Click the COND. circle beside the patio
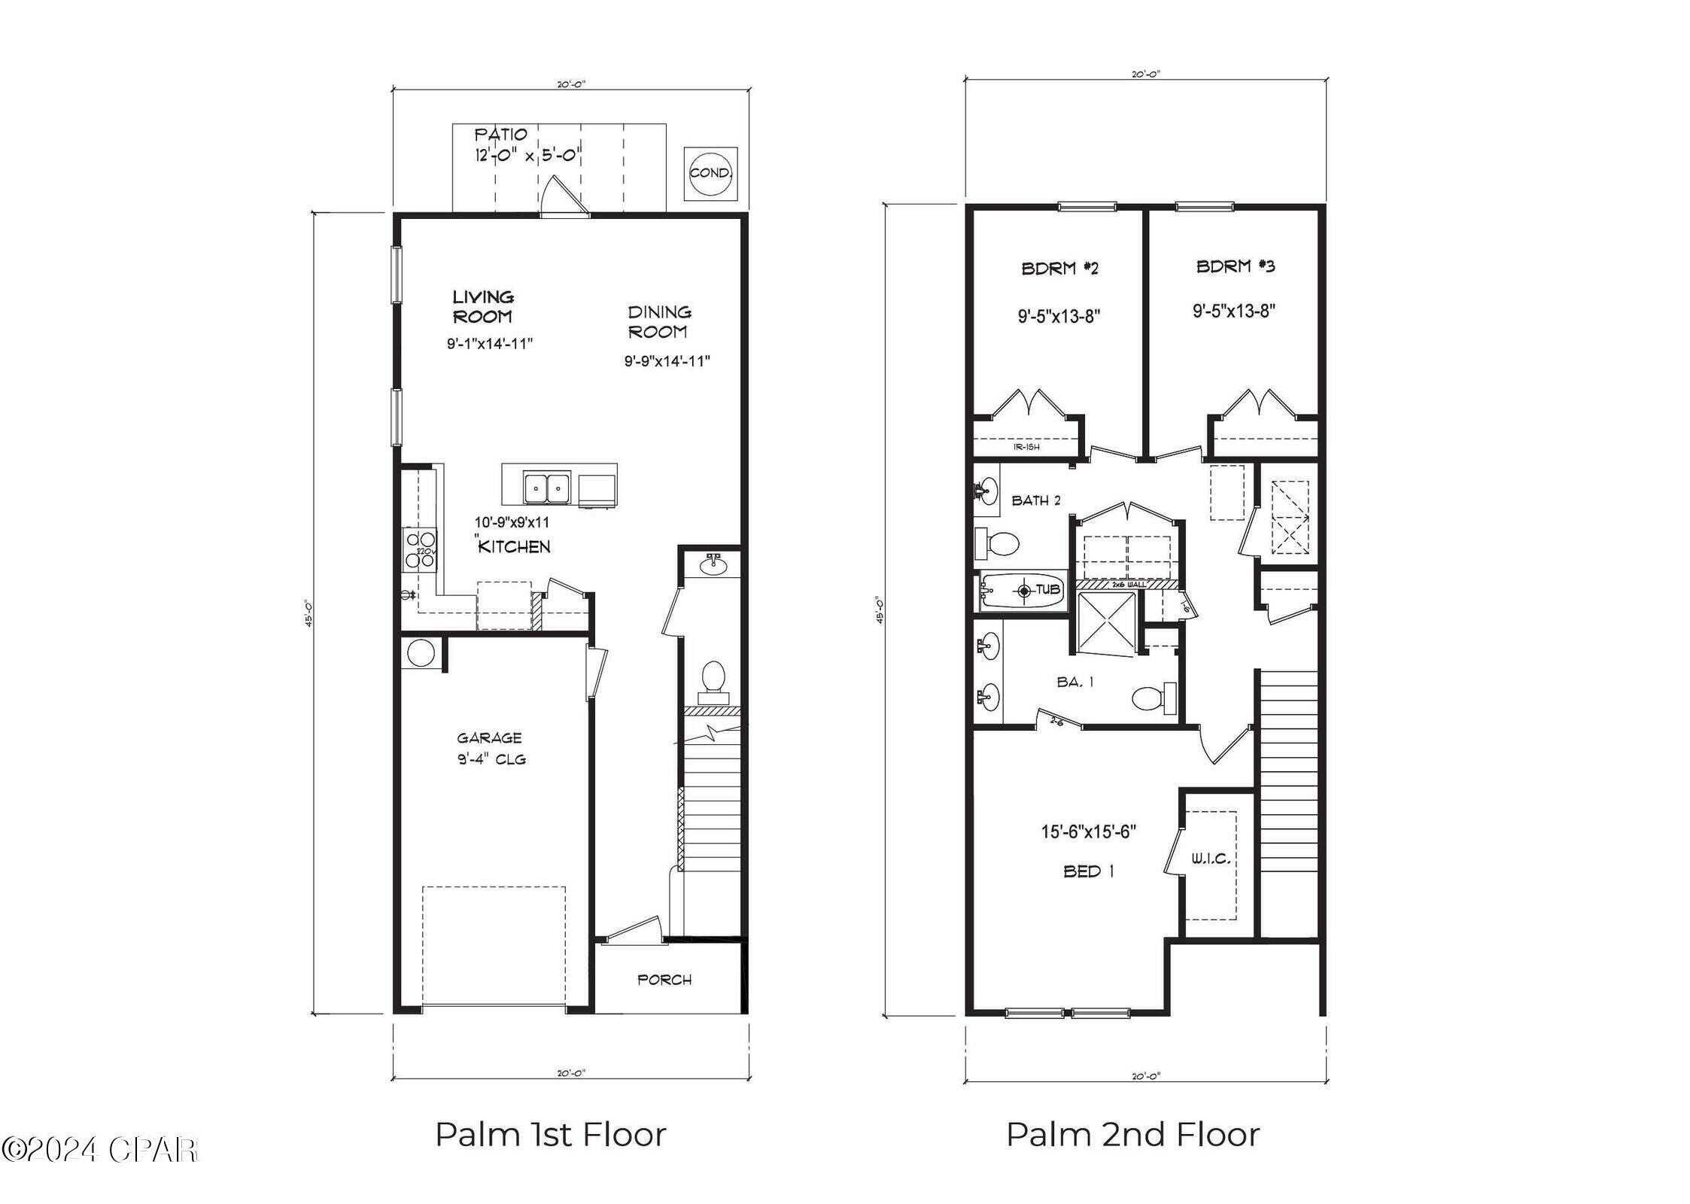point(710,173)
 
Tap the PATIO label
point(500,135)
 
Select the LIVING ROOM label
point(482,306)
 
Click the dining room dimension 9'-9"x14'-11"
point(667,361)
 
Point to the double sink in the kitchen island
point(546,488)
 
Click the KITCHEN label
point(515,547)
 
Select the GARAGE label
point(489,738)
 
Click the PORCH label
point(664,980)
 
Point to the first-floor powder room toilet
point(712,676)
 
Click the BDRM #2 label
point(1059,268)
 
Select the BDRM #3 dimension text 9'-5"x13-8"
point(1234,311)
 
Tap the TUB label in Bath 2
point(1048,589)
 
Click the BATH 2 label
point(1036,500)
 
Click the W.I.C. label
point(1210,859)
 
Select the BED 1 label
point(1088,871)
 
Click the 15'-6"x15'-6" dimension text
point(1088,832)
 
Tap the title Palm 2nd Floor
point(1132,1135)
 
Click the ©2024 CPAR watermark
point(100,1150)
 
